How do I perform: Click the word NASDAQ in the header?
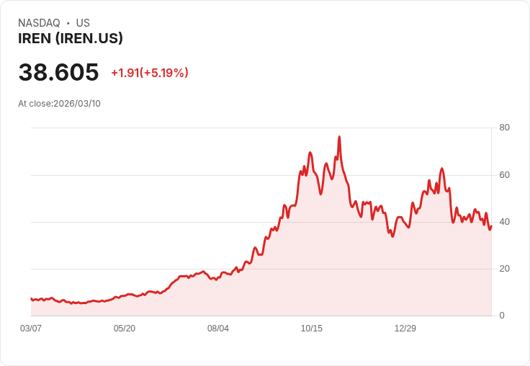[x=39, y=23]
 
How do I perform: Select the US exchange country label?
[x=83, y=23]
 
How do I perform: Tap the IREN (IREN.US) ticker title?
[x=71, y=38]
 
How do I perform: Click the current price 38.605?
[x=58, y=72]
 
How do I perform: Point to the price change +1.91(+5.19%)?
[x=149, y=73]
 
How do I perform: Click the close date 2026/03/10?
[x=77, y=104]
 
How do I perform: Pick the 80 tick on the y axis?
[x=504, y=128]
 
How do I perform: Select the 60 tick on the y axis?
[x=504, y=175]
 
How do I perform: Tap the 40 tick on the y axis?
[x=504, y=222]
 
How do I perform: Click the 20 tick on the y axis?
[x=504, y=269]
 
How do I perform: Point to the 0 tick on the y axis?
[x=502, y=316]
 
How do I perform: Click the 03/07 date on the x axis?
[x=31, y=329]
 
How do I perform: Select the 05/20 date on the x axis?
[x=125, y=329]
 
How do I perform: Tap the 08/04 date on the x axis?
[x=218, y=329]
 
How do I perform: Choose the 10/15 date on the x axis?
[x=312, y=329]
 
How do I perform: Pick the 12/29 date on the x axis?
[x=405, y=329]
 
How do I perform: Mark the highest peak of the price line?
[x=339, y=137]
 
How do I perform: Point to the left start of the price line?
[x=31, y=298]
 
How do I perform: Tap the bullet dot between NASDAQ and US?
[x=68, y=23]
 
